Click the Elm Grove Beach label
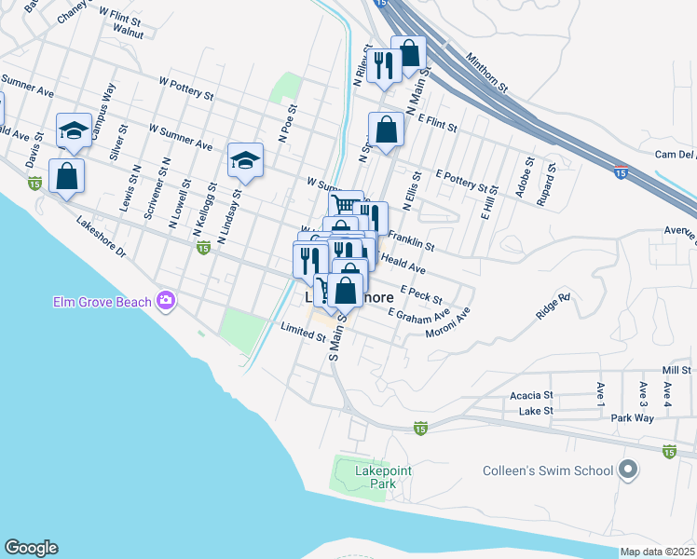[102, 300]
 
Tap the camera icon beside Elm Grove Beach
[167, 300]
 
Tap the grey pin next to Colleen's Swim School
[630, 470]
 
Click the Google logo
[31, 548]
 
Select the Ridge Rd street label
[552, 307]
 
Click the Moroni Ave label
[449, 322]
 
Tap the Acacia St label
[531, 396]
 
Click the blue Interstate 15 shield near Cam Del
[621, 171]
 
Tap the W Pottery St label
[186, 94]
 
